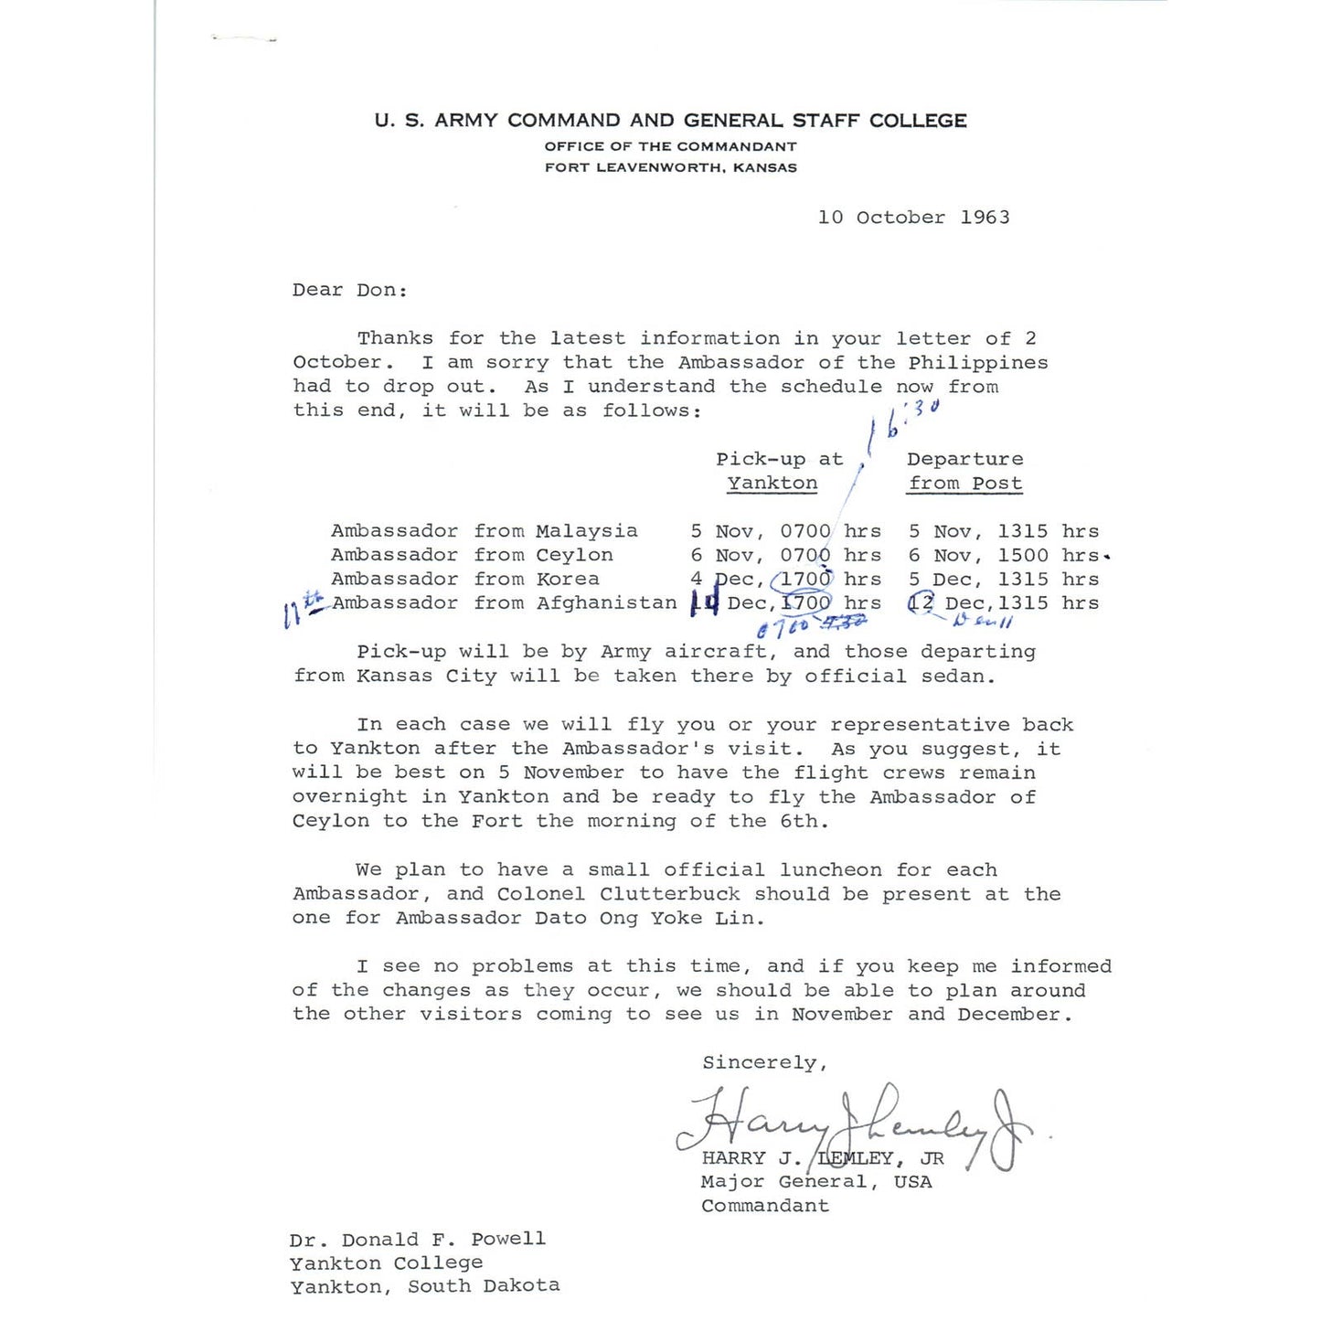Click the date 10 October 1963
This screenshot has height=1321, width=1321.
[913, 218]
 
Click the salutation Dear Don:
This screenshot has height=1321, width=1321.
[349, 291]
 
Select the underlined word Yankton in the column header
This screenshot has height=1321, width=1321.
[772, 484]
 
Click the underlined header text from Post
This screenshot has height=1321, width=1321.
[964, 484]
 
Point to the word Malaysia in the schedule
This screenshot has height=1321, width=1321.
[587, 531]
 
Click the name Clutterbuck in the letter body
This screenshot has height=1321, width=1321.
[670, 894]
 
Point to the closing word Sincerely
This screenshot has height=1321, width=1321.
[764, 1062]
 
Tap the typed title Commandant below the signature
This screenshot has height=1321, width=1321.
[764, 1206]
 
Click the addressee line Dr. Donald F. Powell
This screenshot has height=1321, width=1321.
[417, 1240]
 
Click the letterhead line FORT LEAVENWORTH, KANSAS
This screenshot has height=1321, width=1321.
[670, 167]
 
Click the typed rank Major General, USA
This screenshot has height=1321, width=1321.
[815, 1182]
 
